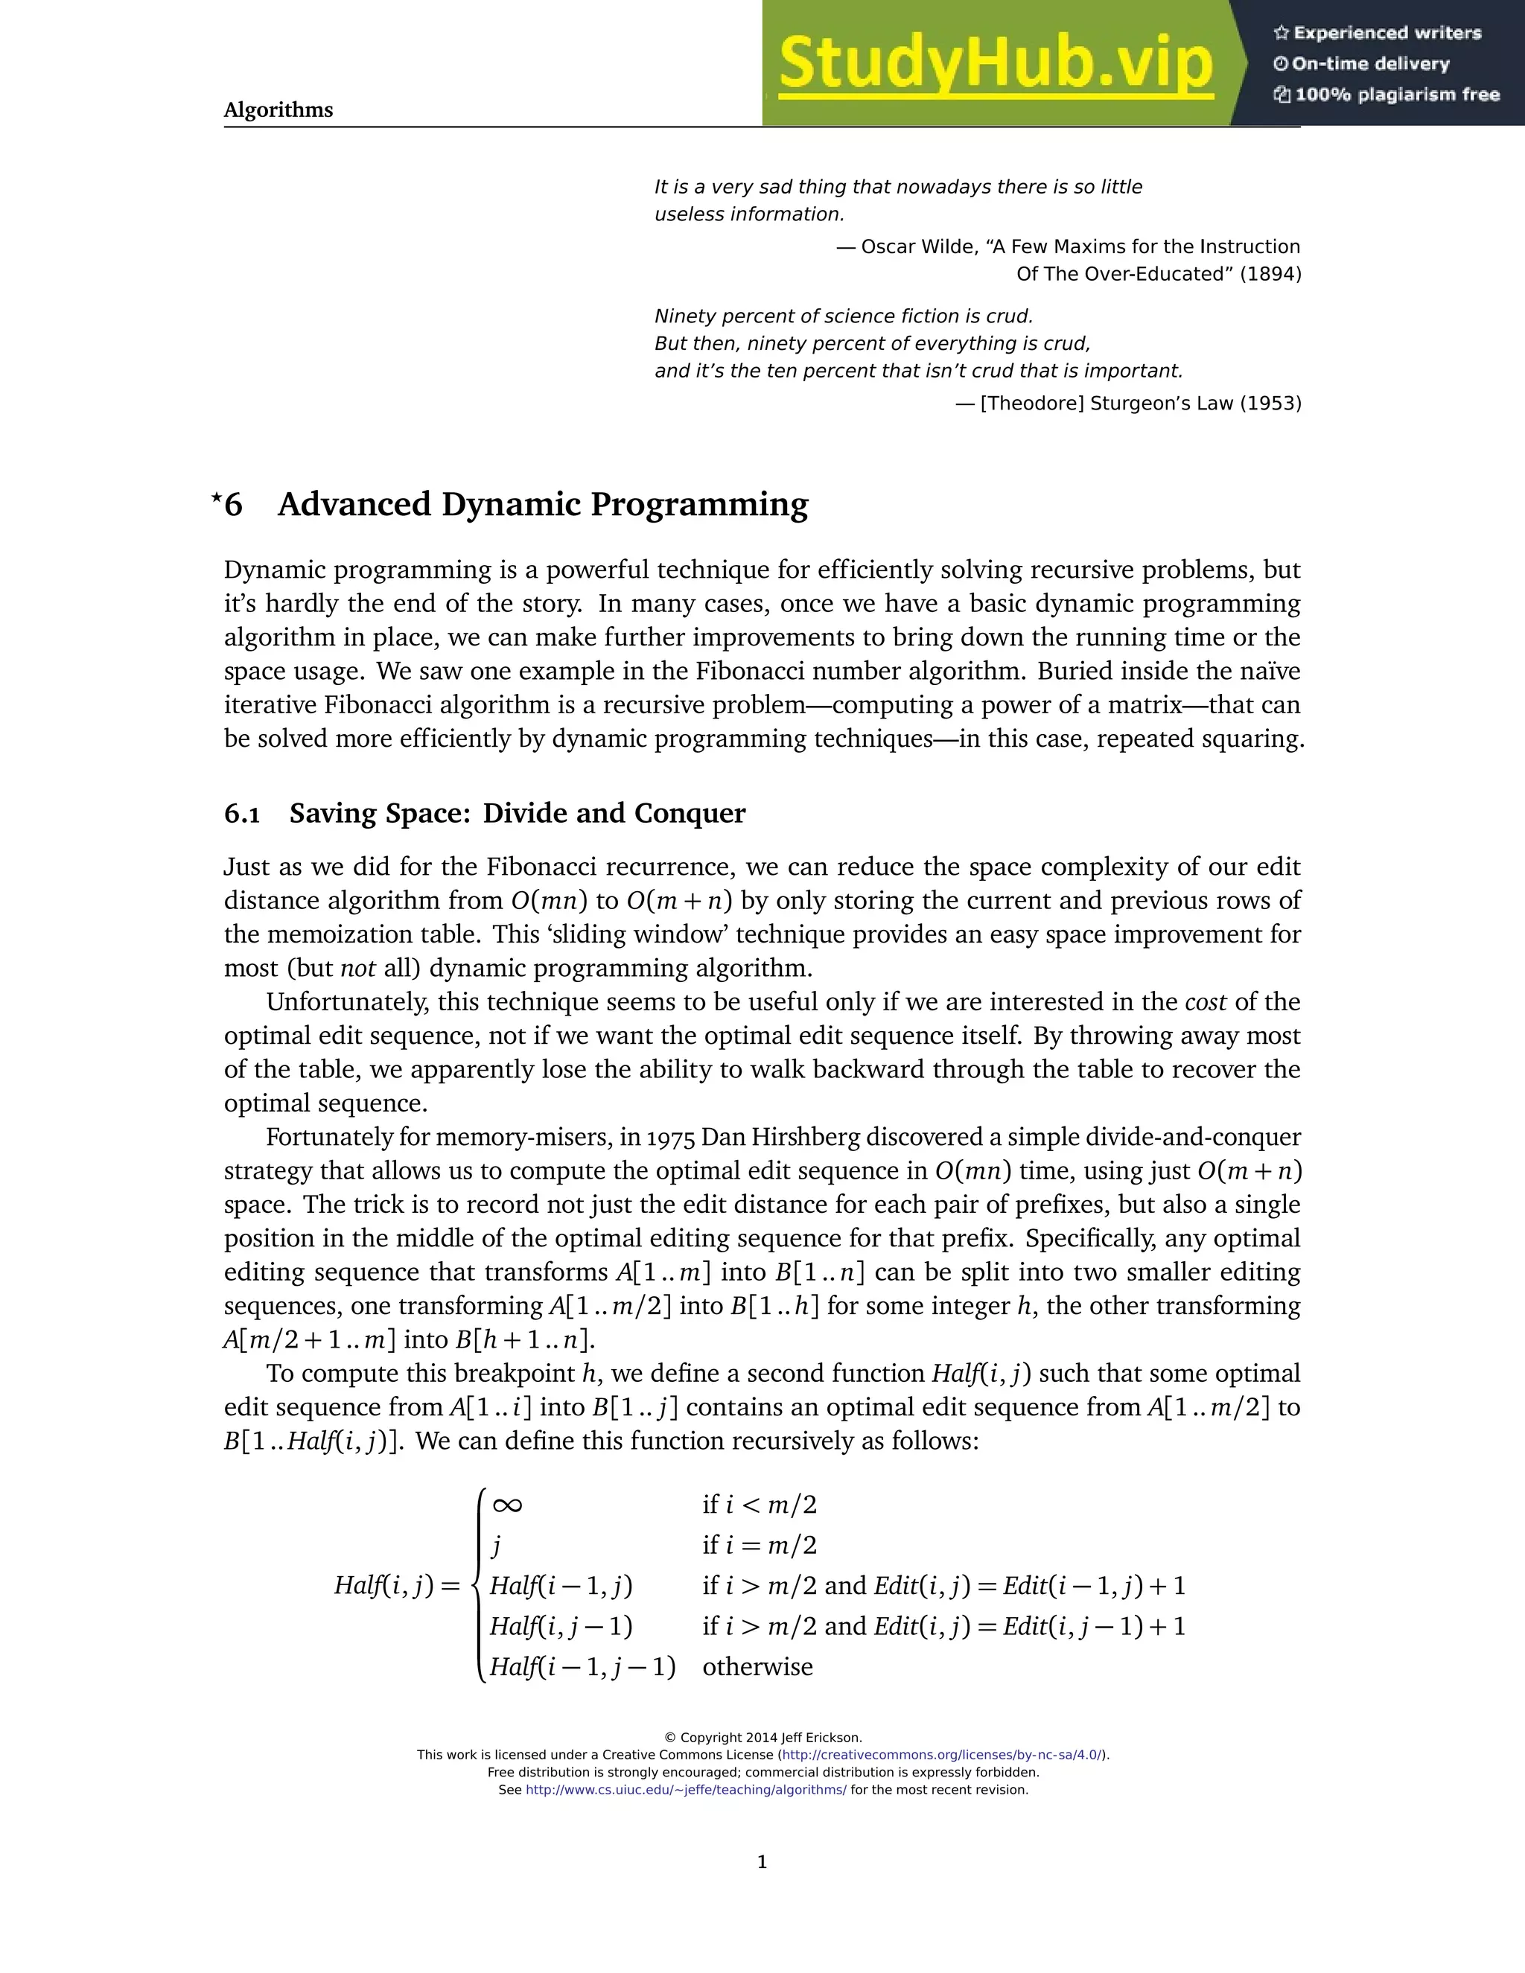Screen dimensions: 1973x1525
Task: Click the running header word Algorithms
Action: (x=278, y=110)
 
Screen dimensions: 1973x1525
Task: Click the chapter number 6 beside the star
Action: (x=233, y=504)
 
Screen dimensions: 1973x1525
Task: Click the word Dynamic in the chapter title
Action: (x=509, y=504)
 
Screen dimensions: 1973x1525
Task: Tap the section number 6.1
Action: (x=241, y=814)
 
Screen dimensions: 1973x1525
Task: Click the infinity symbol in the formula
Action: (x=507, y=1505)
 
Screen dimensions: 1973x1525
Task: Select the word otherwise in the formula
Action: (x=757, y=1667)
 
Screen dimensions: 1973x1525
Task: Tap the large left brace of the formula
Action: (x=479, y=1585)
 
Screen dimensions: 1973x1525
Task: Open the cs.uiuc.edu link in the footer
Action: (x=686, y=1790)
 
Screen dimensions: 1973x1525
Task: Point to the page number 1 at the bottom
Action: (x=762, y=1862)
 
